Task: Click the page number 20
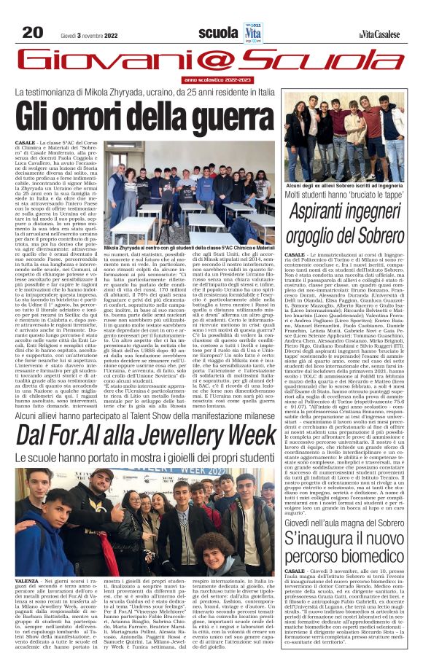click(33, 33)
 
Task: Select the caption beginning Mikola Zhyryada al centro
click(188, 248)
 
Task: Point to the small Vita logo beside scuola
click(252, 33)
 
